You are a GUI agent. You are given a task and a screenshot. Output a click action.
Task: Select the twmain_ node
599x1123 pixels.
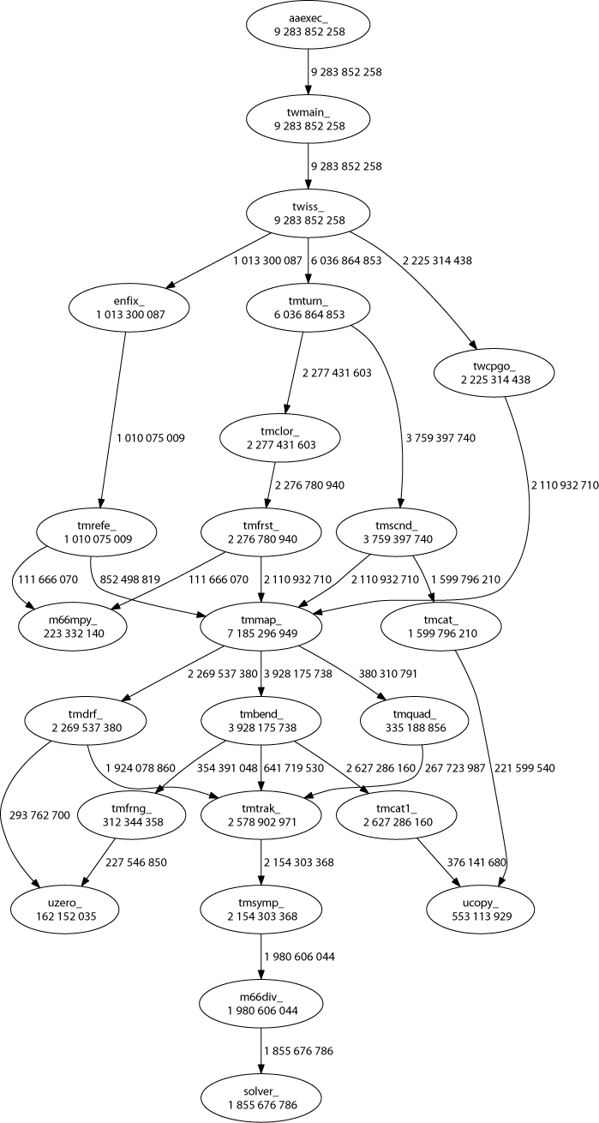[x=308, y=118]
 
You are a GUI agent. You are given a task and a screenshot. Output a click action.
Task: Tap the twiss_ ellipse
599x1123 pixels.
[x=308, y=213]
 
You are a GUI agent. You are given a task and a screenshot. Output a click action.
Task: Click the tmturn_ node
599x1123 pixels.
[x=308, y=309]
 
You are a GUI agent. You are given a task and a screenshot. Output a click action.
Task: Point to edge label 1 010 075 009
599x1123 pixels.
[x=151, y=438]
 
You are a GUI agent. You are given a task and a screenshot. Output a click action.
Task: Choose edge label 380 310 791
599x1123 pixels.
[x=389, y=675]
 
